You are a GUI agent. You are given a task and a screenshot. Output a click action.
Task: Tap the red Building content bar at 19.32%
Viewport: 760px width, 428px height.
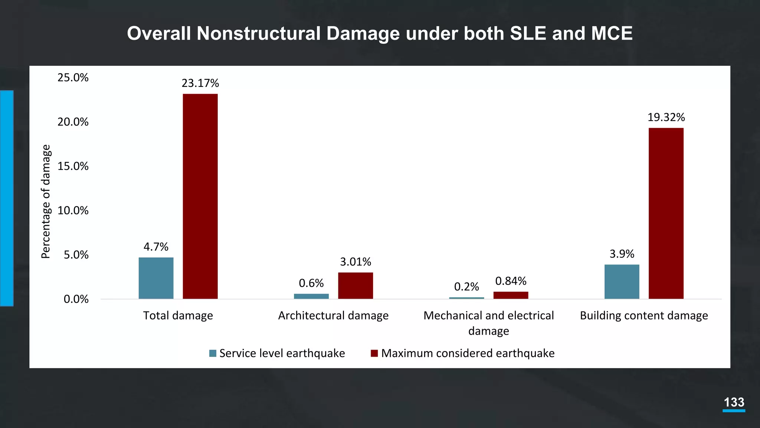pyautogui.click(x=666, y=213)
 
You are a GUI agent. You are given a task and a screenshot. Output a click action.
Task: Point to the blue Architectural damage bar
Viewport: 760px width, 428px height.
pyautogui.click(x=311, y=296)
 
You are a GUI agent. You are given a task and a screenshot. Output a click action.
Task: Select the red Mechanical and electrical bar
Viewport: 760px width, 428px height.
pyautogui.click(x=511, y=295)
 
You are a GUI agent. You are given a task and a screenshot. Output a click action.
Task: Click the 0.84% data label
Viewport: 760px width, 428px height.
pyautogui.click(x=511, y=281)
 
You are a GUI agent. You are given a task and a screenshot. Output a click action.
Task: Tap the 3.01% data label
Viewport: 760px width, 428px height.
pyautogui.click(x=355, y=262)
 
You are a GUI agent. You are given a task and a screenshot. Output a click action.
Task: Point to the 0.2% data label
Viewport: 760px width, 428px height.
pyautogui.click(x=466, y=287)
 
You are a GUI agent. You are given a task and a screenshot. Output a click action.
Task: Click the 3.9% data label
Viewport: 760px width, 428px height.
pyautogui.click(x=622, y=254)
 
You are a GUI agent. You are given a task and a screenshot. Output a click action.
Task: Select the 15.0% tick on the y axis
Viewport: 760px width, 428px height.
pyautogui.click(x=73, y=166)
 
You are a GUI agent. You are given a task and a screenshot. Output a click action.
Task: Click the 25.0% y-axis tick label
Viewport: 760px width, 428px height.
pyautogui.click(x=73, y=78)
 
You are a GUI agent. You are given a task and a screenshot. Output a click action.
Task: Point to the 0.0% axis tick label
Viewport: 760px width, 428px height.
pyautogui.click(x=76, y=299)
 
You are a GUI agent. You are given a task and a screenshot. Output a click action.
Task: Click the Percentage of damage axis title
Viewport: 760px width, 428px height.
pyautogui.click(x=45, y=201)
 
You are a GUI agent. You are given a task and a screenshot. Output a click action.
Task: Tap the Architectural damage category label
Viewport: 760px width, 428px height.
pyautogui.click(x=333, y=315)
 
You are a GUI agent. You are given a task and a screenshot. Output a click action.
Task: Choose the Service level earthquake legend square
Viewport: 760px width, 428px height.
pyautogui.click(x=213, y=353)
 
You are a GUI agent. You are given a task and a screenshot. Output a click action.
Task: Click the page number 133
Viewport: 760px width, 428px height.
pyautogui.click(x=734, y=402)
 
